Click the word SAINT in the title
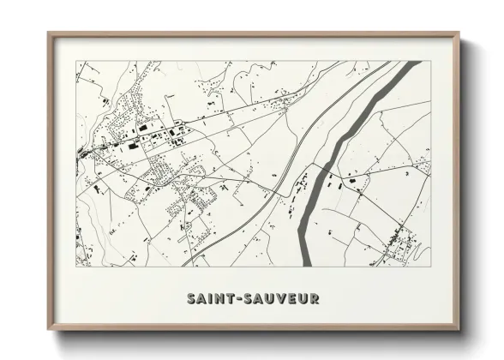211,299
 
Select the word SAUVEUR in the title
279,299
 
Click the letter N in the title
222,299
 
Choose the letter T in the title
232,299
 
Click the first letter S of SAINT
190,299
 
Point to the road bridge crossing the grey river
319,163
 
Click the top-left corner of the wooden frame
49,33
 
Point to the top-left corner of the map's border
75,61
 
